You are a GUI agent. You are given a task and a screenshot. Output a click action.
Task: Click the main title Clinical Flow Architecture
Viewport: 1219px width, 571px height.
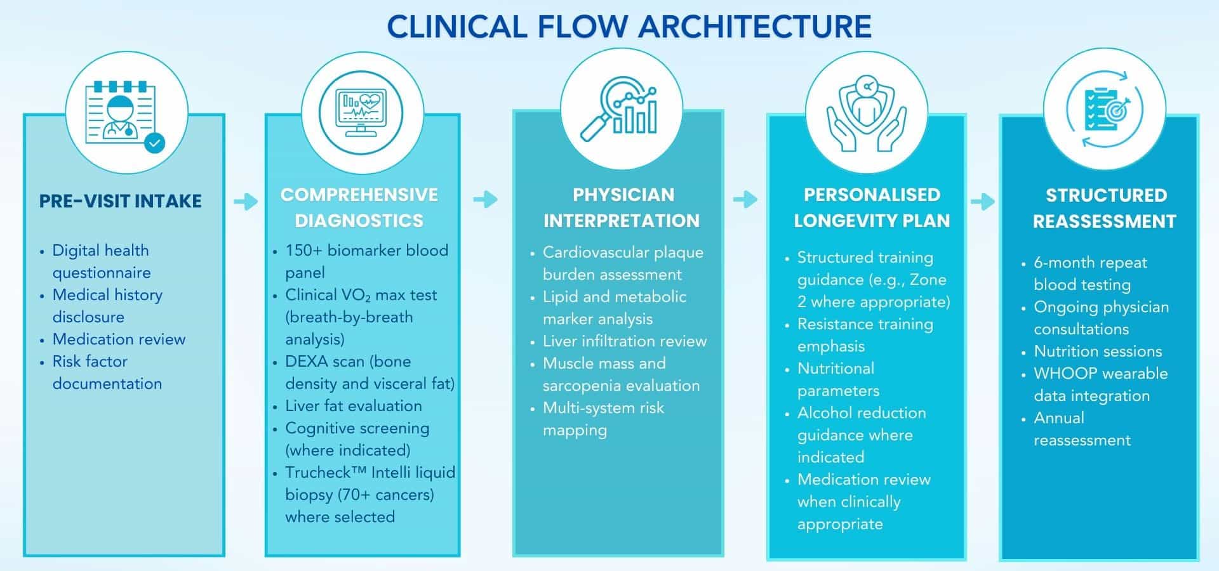629,27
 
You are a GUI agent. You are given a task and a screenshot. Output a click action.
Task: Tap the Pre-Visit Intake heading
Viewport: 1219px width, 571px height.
120,201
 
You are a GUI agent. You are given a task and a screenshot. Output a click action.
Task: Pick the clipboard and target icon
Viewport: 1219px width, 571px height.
1104,109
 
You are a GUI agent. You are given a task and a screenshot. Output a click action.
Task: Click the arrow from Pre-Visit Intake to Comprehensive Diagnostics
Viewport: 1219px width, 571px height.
246,202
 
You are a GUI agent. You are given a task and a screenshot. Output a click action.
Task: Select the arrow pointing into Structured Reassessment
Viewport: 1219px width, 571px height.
983,202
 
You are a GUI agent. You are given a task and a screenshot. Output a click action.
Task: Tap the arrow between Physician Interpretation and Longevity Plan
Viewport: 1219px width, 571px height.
745,199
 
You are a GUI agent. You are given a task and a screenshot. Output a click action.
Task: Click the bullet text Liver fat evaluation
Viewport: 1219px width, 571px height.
353,406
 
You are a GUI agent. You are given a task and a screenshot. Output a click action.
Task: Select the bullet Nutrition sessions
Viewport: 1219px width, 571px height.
1098,351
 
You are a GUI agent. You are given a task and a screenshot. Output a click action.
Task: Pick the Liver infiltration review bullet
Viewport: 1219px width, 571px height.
624,341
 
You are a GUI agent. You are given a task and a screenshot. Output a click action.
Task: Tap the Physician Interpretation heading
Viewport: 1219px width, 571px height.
622,207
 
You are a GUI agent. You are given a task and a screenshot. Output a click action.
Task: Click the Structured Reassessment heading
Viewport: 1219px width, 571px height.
1105,208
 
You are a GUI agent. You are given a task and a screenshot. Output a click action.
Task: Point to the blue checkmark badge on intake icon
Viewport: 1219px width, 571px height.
154,143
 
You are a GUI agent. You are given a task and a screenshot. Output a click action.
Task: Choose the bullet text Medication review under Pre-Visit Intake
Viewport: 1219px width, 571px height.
119,339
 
